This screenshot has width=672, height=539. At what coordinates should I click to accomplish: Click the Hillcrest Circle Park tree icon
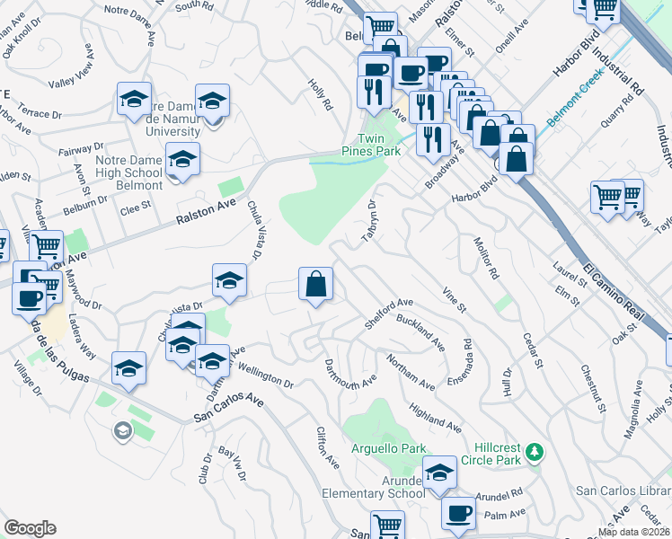click(x=535, y=450)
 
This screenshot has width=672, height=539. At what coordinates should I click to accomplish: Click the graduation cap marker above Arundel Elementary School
click(x=439, y=473)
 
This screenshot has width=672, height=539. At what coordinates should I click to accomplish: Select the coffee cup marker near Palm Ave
click(x=459, y=513)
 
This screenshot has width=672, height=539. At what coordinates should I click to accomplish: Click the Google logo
click(x=31, y=528)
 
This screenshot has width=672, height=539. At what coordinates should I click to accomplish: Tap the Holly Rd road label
click(x=321, y=92)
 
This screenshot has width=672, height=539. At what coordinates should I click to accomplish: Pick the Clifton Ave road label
click(x=327, y=447)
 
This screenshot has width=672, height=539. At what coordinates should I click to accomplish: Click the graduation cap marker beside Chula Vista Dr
click(x=229, y=280)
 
